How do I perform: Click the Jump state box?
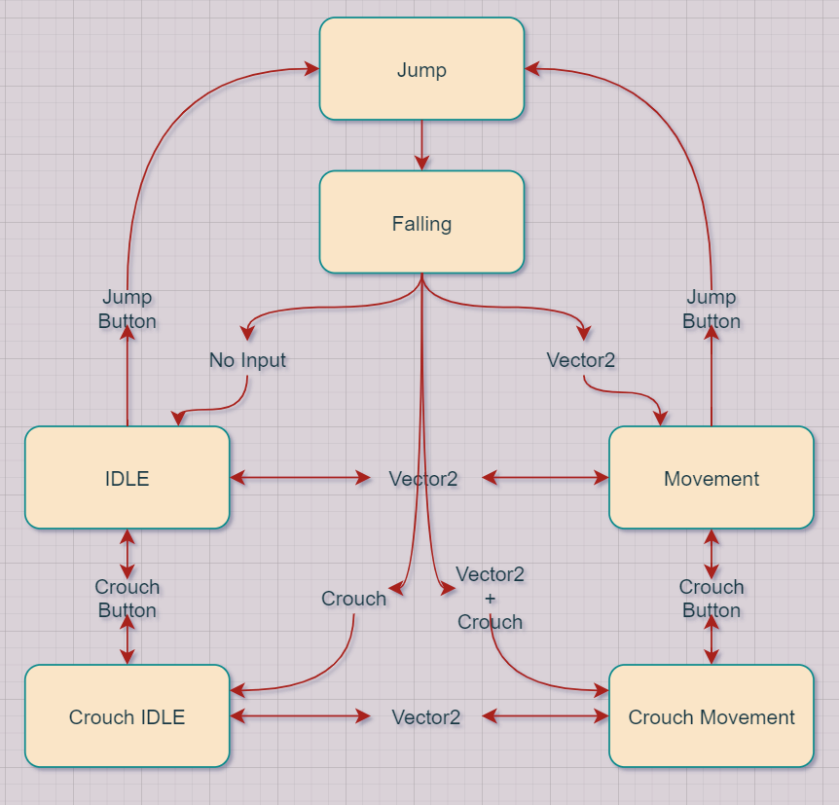coord(421,69)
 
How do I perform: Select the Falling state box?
coord(421,223)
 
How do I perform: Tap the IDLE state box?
coord(127,478)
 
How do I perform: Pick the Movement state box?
coord(711,478)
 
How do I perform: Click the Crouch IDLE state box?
coord(127,717)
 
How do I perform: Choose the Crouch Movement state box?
coord(711,717)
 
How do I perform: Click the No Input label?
coord(247,360)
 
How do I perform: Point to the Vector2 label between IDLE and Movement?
coord(422,478)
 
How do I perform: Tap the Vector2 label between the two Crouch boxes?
coord(425,717)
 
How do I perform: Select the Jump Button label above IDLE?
coord(127,309)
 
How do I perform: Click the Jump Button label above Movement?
coord(711,309)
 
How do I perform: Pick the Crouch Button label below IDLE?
coord(127,599)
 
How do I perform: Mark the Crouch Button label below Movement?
coord(711,599)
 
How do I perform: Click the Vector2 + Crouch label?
coord(490,598)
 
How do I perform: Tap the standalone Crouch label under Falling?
coord(353,599)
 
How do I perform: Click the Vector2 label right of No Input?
coord(581,360)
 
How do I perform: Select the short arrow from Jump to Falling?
coord(421,145)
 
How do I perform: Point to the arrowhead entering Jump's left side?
coord(312,69)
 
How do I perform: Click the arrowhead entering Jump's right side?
coord(532,69)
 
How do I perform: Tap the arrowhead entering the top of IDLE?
coord(177,419)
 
